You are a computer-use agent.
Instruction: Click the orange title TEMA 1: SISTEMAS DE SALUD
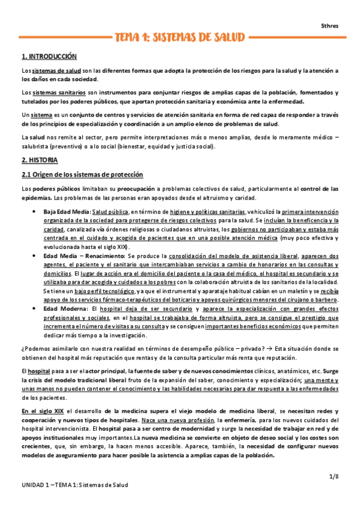(180, 38)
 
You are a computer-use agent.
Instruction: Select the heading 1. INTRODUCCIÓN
(49, 57)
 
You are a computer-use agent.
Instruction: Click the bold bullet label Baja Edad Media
(66, 212)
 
